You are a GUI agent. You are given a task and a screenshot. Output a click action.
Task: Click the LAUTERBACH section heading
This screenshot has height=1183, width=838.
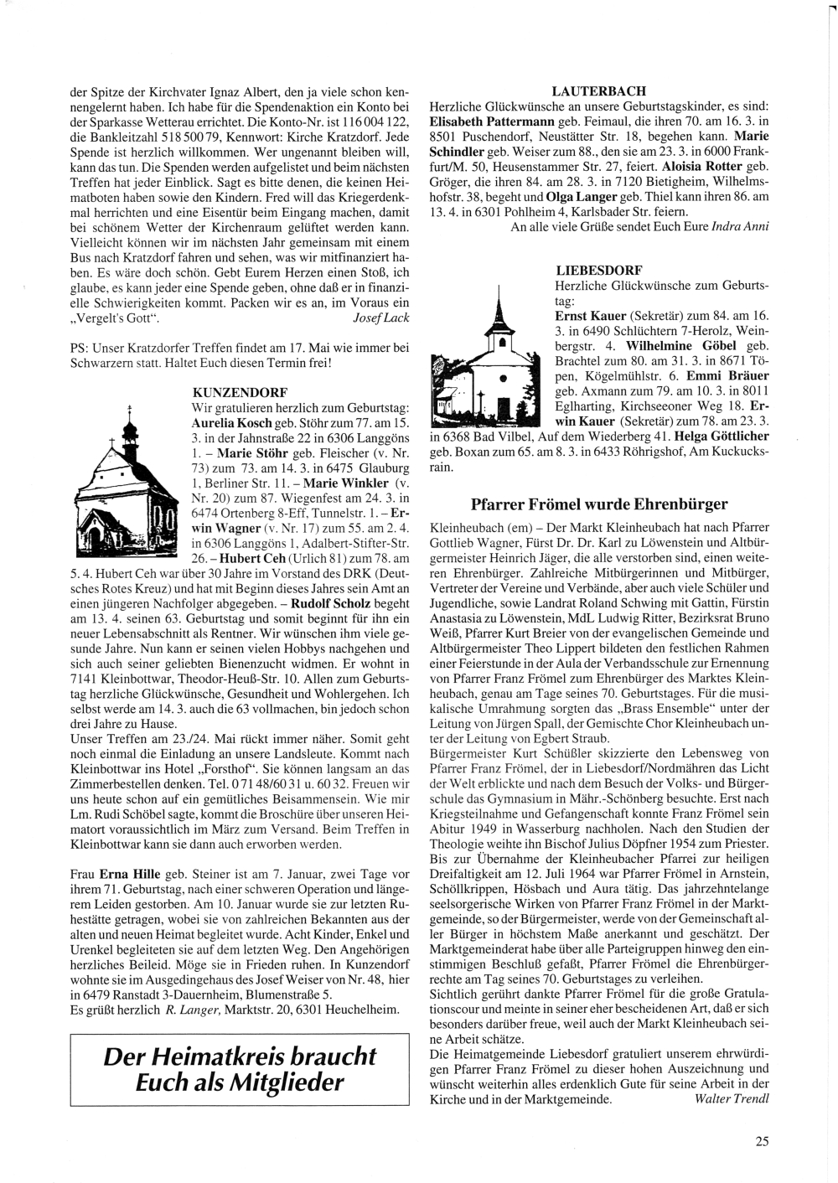[598, 90]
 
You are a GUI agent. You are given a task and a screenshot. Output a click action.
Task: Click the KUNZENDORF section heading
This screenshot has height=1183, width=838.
[240, 392]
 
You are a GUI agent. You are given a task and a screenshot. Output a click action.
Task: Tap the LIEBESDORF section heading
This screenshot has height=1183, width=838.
[599, 270]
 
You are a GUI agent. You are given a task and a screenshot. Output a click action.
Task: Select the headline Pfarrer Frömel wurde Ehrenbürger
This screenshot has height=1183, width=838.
[599, 504]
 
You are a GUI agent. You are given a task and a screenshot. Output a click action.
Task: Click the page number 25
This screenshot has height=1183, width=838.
[762, 1139]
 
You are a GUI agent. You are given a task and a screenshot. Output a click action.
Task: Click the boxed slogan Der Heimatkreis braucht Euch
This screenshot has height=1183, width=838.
[240, 1069]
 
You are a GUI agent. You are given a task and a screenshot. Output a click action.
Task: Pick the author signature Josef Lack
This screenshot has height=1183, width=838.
[382, 318]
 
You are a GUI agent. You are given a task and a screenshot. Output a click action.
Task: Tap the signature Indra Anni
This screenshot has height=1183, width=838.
[738, 225]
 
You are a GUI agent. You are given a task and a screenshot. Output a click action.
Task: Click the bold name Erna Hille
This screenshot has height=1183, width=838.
[130, 874]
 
